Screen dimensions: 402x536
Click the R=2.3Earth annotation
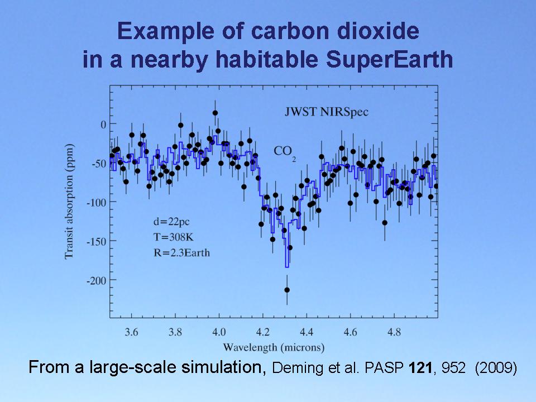tap(181, 252)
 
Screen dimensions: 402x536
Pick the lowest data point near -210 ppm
tap(287, 290)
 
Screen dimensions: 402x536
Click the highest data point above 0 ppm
tap(215, 113)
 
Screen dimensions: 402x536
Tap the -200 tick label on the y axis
tap(96, 280)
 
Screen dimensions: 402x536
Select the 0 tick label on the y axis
tap(103, 124)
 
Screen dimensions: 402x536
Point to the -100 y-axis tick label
tap(96, 202)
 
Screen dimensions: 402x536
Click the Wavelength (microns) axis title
tap(274, 348)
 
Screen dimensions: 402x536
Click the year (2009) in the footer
tap(496, 368)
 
